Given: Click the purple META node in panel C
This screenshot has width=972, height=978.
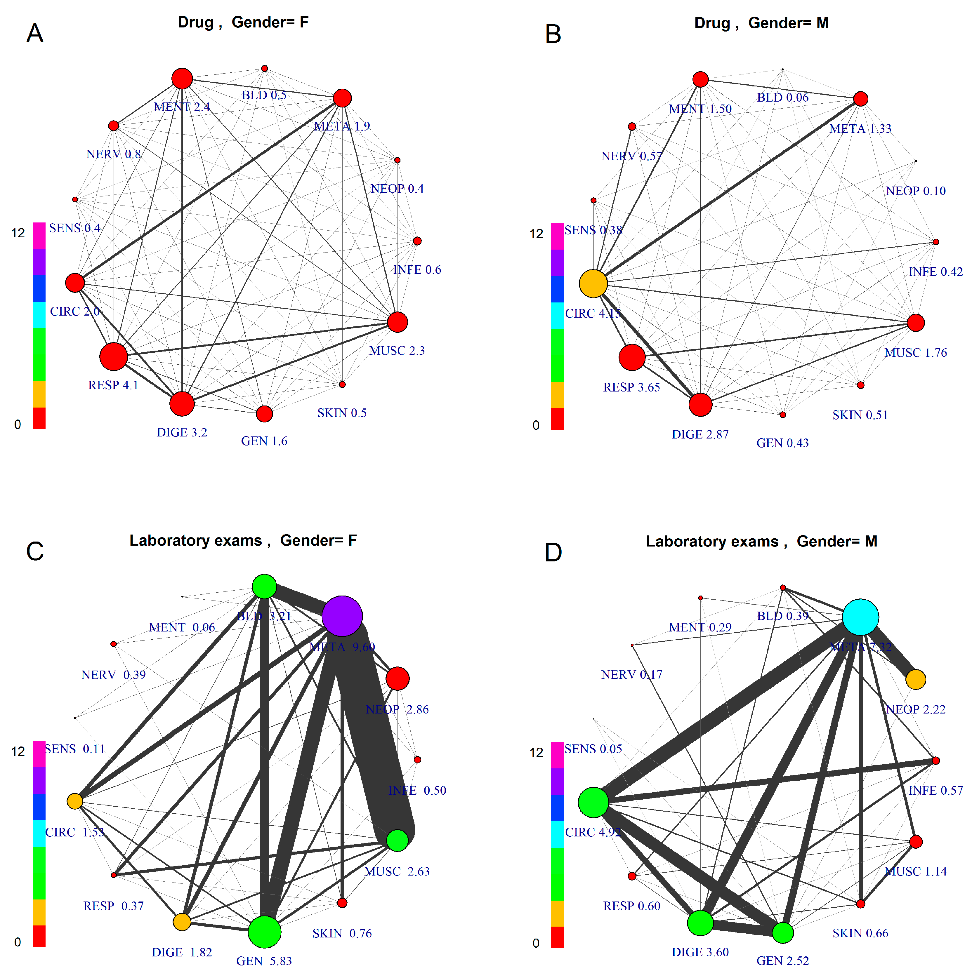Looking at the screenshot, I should point(342,615).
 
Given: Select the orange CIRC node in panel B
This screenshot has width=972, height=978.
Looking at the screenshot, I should point(593,283).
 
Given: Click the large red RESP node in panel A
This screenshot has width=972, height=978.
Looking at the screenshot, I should point(113,356).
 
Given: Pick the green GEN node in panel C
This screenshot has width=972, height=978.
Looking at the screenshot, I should point(264,931).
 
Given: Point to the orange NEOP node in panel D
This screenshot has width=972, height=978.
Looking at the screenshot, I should point(916,679).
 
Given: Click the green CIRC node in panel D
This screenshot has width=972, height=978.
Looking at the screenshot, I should point(593,802).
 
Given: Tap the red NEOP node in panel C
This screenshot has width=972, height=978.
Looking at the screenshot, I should point(398,678).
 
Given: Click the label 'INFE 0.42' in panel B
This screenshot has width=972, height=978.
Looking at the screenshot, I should point(935,272).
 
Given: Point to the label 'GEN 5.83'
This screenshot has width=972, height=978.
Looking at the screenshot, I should point(264,961).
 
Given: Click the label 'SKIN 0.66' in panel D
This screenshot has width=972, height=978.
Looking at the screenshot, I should point(860,933).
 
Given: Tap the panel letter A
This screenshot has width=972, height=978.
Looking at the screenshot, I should point(35,33).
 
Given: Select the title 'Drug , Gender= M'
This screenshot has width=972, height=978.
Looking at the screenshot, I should point(761,23).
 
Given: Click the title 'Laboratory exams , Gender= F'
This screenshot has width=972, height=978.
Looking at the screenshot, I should point(243,541).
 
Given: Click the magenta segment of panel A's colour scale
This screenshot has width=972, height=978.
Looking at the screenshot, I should point(39,235).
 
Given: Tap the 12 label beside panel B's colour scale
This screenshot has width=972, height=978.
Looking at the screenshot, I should point(536,234).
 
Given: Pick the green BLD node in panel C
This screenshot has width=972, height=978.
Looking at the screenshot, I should point(264,587).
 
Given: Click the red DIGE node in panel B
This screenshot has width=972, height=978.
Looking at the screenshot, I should point(700,404).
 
